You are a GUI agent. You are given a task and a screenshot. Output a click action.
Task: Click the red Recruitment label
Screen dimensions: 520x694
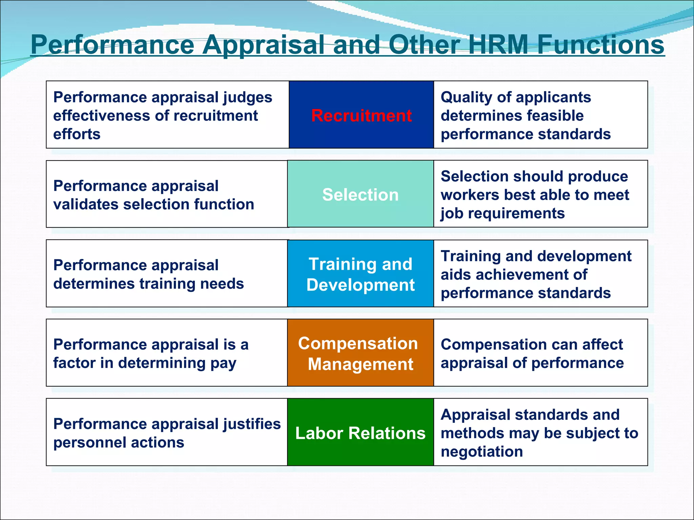pos(361,115)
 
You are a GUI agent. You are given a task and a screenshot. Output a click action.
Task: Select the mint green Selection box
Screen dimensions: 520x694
pos(360,195)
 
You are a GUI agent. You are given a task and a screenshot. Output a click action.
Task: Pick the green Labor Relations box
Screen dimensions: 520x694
pos(360,433)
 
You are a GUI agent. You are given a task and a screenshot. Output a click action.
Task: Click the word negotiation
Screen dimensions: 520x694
pos(482,452)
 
